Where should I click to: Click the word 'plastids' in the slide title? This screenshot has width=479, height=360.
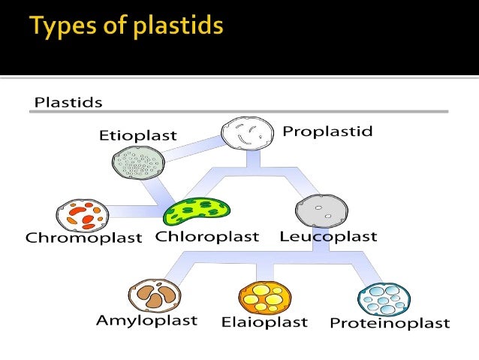pos(178,27)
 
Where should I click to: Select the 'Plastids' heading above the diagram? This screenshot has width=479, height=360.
pos(68,101)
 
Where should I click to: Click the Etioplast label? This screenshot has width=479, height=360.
pos(137,136)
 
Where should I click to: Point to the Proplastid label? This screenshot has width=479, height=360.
pos(327,132)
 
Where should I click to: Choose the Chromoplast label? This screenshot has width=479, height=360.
pos(83,238)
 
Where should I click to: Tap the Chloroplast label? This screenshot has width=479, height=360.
pos(207,237)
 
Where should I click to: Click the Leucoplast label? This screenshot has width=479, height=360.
pos(328,237)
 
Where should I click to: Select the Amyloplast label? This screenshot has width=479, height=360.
pos(146,320)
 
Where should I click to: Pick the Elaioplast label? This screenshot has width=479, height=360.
pos(264,322)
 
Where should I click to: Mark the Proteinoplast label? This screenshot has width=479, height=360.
pos(390,323)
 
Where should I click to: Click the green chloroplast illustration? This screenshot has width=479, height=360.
pos(197,211)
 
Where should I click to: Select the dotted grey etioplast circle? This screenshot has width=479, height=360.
pos(137,162)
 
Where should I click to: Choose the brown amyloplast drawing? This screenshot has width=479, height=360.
pos(154,295)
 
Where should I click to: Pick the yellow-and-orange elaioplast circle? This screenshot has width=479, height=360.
pos(264,296)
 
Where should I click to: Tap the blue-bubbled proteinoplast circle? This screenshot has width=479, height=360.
pos(384,299)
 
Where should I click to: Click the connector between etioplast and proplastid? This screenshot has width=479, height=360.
pos(191,150)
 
